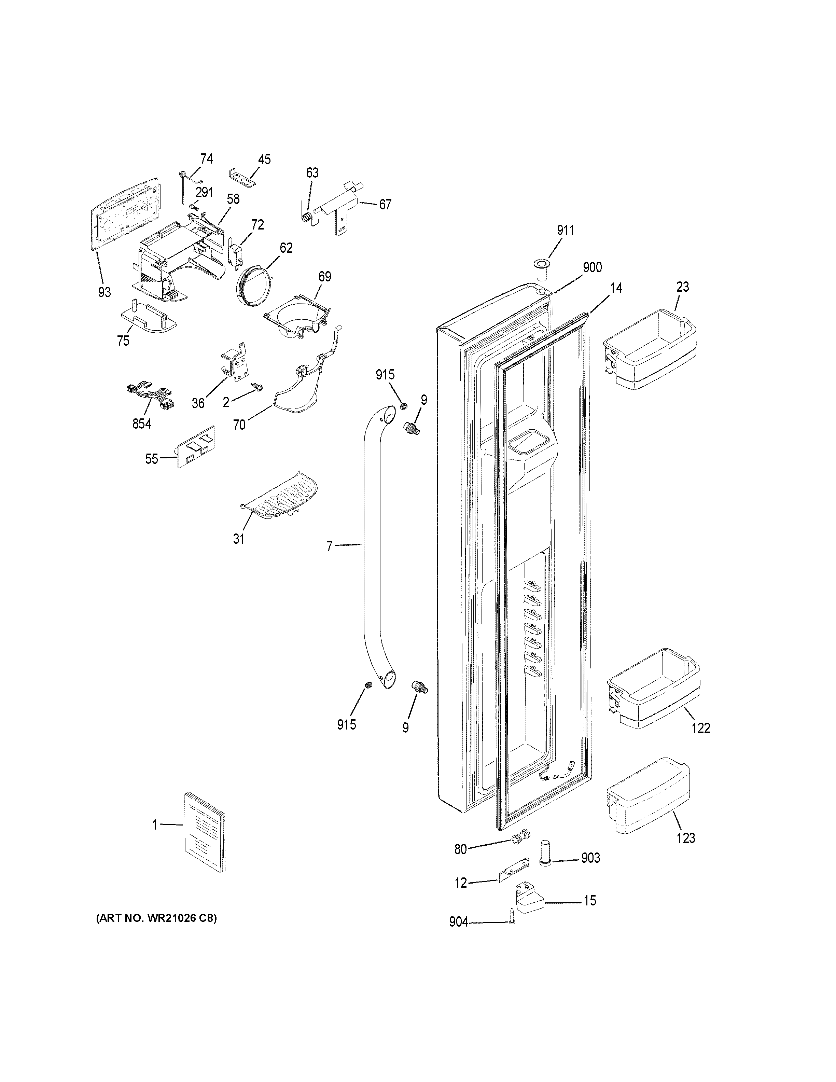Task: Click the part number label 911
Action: tap(565, 231)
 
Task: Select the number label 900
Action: tap(592, 267)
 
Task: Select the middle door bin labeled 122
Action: tap(653, 694)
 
